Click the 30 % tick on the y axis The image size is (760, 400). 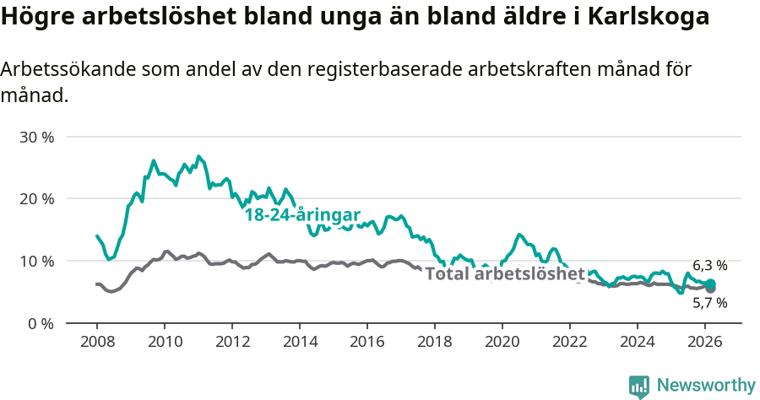[36, 137]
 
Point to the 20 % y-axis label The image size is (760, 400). [36, 199]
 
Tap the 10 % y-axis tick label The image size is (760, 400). [36, 262]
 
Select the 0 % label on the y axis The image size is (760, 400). [41, 323]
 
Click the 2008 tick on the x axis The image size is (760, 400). [96, 342]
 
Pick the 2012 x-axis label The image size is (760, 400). [232, 342]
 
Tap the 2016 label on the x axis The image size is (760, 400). [367, 342]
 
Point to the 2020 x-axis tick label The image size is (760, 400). [502, 342]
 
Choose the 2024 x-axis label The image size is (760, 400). [638, 342]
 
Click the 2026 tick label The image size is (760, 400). [705, 342]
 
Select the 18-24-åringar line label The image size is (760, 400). [302, 214]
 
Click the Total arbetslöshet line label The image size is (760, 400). [505, 273]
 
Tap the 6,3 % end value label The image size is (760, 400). [709, 266]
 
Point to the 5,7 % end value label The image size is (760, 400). [709, 302]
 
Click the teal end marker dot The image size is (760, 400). [710, 284]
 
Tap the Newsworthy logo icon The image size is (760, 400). [639, 386]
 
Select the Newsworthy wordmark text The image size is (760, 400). [705, 386]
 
